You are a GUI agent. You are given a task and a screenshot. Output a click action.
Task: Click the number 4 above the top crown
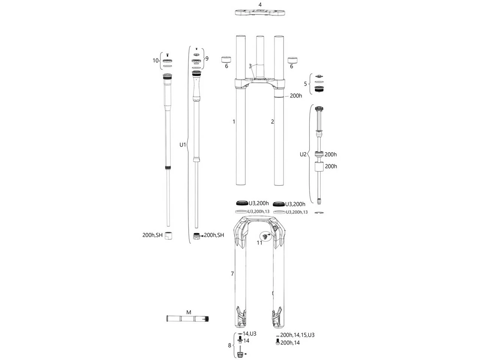click(260, 4)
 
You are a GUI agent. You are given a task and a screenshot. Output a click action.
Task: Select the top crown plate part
click(260, 12)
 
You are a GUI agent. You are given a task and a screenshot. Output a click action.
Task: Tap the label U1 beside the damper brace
click(183, 144)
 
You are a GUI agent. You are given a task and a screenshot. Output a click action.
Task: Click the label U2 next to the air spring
click(303, 154)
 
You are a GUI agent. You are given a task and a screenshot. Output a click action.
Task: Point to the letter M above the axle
click(189, 312)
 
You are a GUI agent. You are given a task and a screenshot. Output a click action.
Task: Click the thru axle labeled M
click(187, 319)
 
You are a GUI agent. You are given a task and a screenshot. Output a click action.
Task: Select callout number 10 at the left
click(155, 60)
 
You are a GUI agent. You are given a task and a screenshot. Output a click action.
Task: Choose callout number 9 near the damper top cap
click(207, 58)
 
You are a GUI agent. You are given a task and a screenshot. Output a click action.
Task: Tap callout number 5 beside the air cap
click(305, 84)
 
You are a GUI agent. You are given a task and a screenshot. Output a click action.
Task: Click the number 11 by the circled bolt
click(259, 243)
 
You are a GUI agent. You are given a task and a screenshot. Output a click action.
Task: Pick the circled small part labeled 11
click(265, 236)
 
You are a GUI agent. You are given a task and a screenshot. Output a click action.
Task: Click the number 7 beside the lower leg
click(232, 274)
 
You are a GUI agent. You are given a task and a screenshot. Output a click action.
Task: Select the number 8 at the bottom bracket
click(229, 345)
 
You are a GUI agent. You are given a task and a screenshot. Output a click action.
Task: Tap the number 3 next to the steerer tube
click(250, 66)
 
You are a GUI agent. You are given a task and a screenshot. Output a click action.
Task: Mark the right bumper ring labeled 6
click(292, 59)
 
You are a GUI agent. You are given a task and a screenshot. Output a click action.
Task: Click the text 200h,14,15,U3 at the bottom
click(297, 335)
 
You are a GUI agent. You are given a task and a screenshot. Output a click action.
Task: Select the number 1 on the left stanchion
click(234, 121)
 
